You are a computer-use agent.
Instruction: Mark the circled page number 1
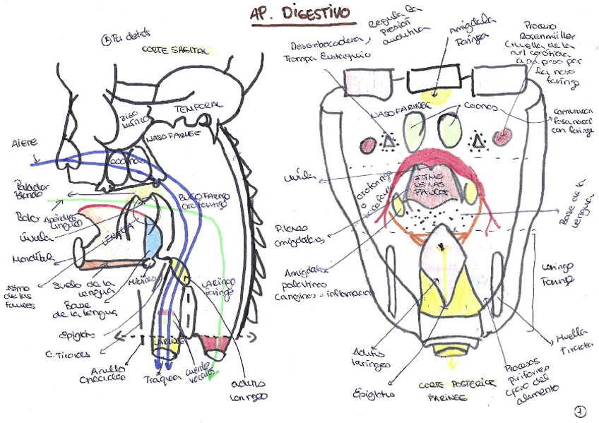(x=579, y=409)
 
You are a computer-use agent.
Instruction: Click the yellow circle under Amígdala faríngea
(x=435, y=97)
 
